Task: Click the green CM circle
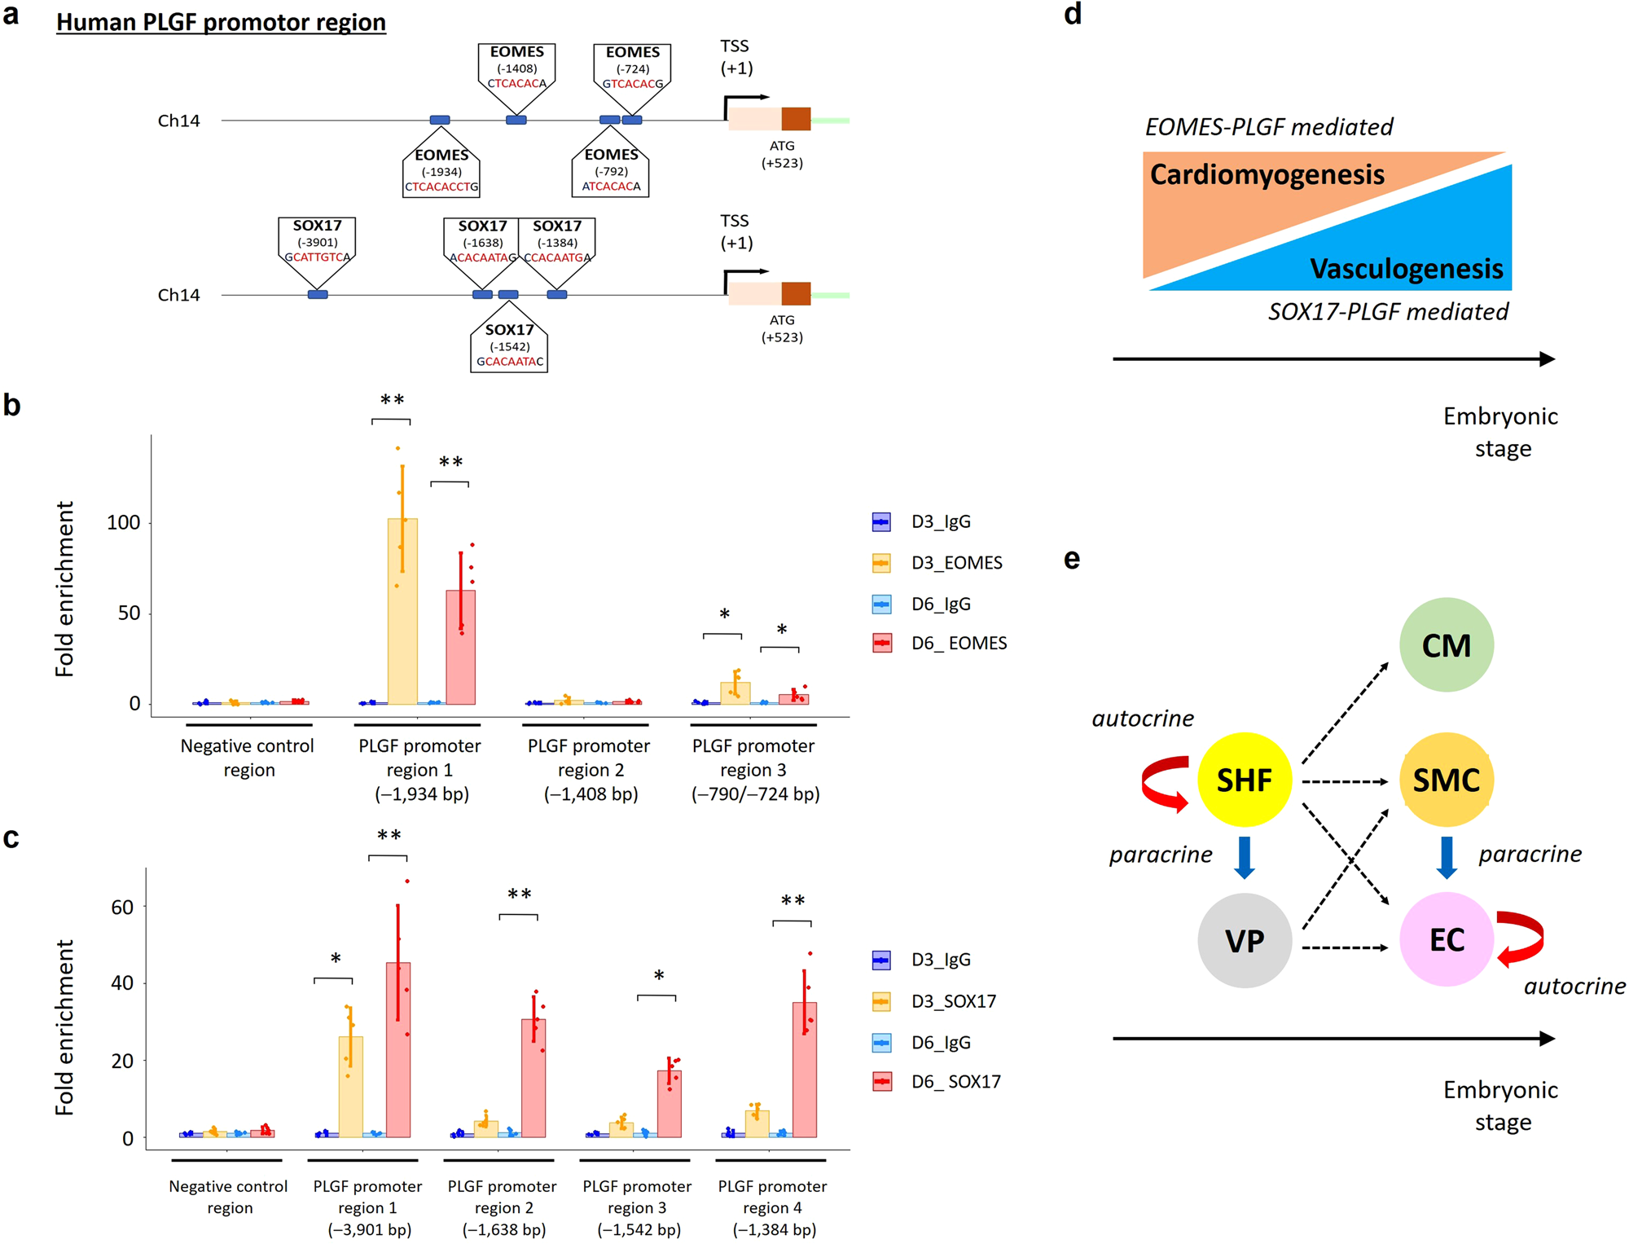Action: pos(1446,644)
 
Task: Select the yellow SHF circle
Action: pos(1244,780)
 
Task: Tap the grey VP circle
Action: pos(1244,940)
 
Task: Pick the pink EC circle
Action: pos(1446,939)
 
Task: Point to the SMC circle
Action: pos(1446,780)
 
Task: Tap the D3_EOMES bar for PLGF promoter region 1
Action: pos(402,611)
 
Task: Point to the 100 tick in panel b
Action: pos(124,522)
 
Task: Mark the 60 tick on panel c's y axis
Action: pos(122,907)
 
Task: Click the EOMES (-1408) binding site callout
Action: pos(516,68)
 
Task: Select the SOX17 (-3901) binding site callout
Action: pos(317,242)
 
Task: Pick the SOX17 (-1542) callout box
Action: pos(509,346)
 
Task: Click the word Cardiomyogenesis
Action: pos(1267,174)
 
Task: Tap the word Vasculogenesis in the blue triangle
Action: pos(1406,268)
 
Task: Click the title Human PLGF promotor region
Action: pos(221,22)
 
